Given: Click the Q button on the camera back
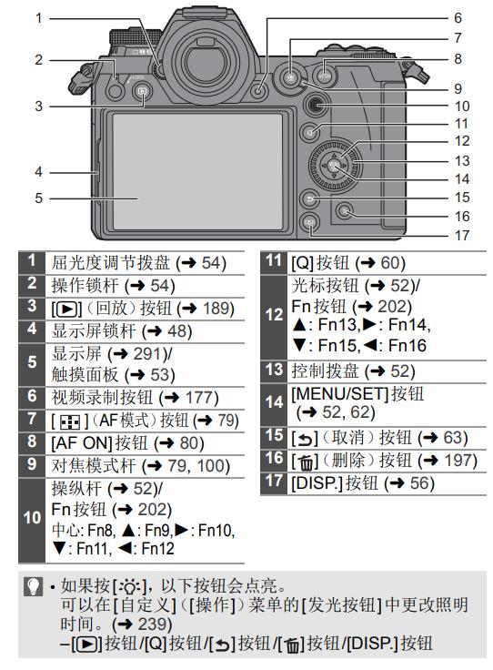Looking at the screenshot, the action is click(311, 132).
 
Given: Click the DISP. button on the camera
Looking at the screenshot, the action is click(309, 222).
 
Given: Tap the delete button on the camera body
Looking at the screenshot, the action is click(345, 210).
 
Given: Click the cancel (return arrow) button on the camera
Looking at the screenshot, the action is click(309, 198).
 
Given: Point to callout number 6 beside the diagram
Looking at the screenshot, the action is click(458, 18).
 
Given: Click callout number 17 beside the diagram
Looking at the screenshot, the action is click(462, 235).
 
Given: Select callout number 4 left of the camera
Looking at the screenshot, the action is click(39, 172).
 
